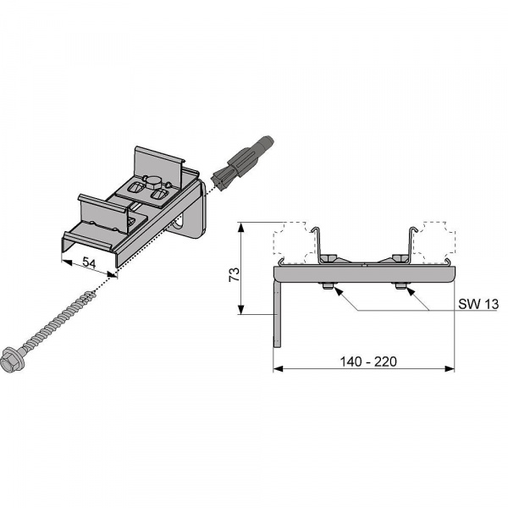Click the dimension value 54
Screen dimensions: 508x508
coord(89,262)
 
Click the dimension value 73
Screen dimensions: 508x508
coord(234,274)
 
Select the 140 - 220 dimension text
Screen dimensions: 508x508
coord(368,362)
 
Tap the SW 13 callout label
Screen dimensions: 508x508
coord(478,304)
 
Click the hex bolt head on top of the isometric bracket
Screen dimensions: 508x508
coord(152,181)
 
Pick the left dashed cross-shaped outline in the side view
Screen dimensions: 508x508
coord(294,242)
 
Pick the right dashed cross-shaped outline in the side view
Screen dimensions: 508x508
coord(434,242)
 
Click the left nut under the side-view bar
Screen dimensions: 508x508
coord(328,286)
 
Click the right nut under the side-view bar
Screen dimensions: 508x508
coord(401,286)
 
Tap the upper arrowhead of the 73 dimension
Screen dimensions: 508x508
coord(240,226)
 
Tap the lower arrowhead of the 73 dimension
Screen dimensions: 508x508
coord(240,309)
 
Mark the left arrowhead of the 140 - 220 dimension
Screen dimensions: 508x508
coord(278,368)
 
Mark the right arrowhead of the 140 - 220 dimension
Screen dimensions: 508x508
coord(450,368)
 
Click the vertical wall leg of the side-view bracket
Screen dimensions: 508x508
coord(277,314)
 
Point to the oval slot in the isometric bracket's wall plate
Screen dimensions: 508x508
coord(179,224)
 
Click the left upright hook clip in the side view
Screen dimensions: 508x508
coord(317,246)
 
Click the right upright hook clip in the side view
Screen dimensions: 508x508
coord(411,246)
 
